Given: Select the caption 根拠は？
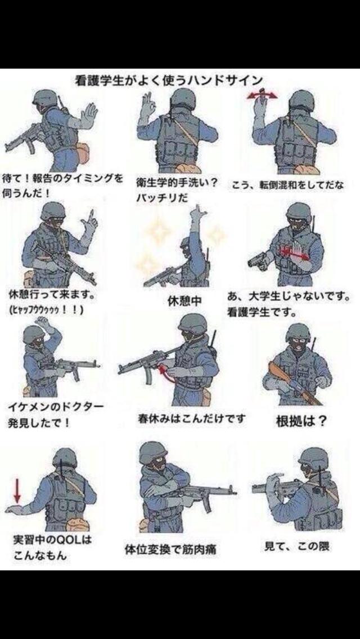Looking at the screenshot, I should tap(300, 421).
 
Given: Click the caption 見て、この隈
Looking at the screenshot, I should tap(296, 545).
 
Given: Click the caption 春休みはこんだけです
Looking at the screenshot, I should tap(191, 419).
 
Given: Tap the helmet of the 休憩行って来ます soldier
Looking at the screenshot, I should tap(52, 211).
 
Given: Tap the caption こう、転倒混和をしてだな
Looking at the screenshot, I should tap(287, 185).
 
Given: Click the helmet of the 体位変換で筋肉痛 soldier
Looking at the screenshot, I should tap(153, 452).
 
